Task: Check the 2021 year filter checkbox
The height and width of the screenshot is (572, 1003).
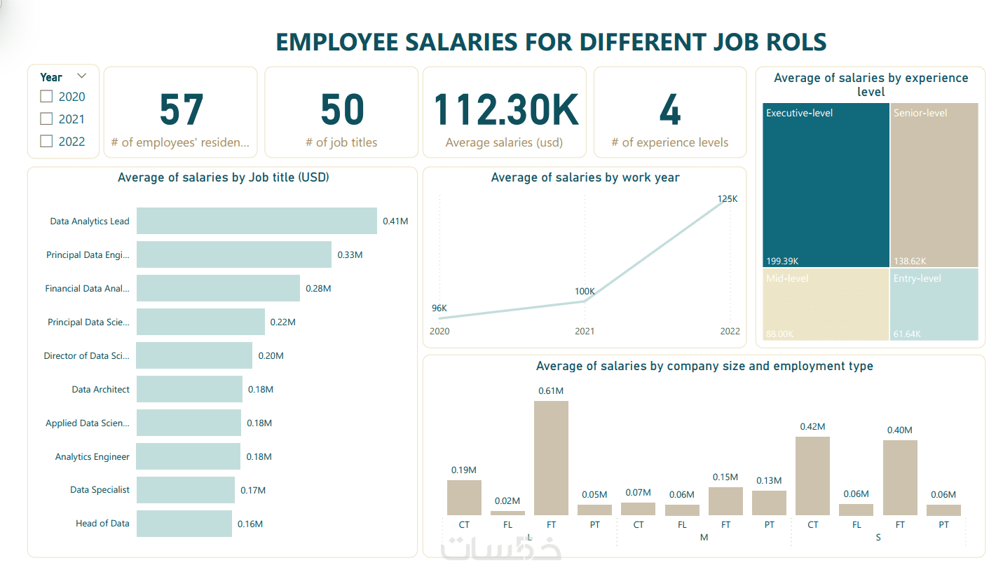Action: [47, 119]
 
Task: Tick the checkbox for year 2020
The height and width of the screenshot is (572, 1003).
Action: [47, 97]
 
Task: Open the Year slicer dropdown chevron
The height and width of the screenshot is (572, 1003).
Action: [81, 76]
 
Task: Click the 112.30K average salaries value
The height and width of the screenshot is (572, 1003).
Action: [505, 110]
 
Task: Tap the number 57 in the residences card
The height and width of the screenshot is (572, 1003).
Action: [181, 110]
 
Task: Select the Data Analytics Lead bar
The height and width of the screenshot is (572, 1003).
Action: [257, 221]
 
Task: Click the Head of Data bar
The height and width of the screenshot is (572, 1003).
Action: [184, 524]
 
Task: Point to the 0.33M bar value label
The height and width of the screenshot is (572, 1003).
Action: [350, 254]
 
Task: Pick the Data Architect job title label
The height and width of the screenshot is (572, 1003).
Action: [100, 389]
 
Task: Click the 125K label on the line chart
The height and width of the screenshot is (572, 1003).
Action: [728, 199]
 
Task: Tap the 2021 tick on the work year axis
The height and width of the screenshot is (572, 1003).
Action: [585, 331]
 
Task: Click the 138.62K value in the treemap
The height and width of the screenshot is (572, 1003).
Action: [910, 261]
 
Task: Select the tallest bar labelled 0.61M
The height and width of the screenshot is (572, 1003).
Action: [551, 458]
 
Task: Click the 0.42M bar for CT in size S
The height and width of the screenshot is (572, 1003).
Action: [812, 476]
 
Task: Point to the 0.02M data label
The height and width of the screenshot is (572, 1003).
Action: [507, 501]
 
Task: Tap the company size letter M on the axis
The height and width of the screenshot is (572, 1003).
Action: [704, 538]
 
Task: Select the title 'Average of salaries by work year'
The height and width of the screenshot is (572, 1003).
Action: [585, 177]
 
